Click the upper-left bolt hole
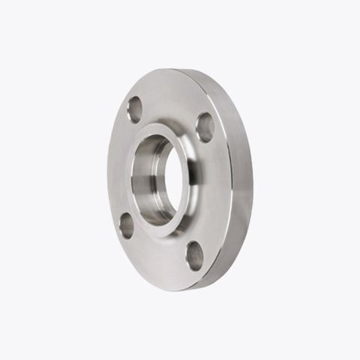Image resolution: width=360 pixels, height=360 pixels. [x=135, y=110]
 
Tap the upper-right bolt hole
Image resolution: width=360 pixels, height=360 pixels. [x=205, y=127]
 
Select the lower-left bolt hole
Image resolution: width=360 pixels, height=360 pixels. [x=127, y=225]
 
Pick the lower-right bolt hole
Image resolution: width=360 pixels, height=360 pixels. [x=194, y=256]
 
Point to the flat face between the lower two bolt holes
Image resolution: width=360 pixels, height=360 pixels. [x=159, y=255]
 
